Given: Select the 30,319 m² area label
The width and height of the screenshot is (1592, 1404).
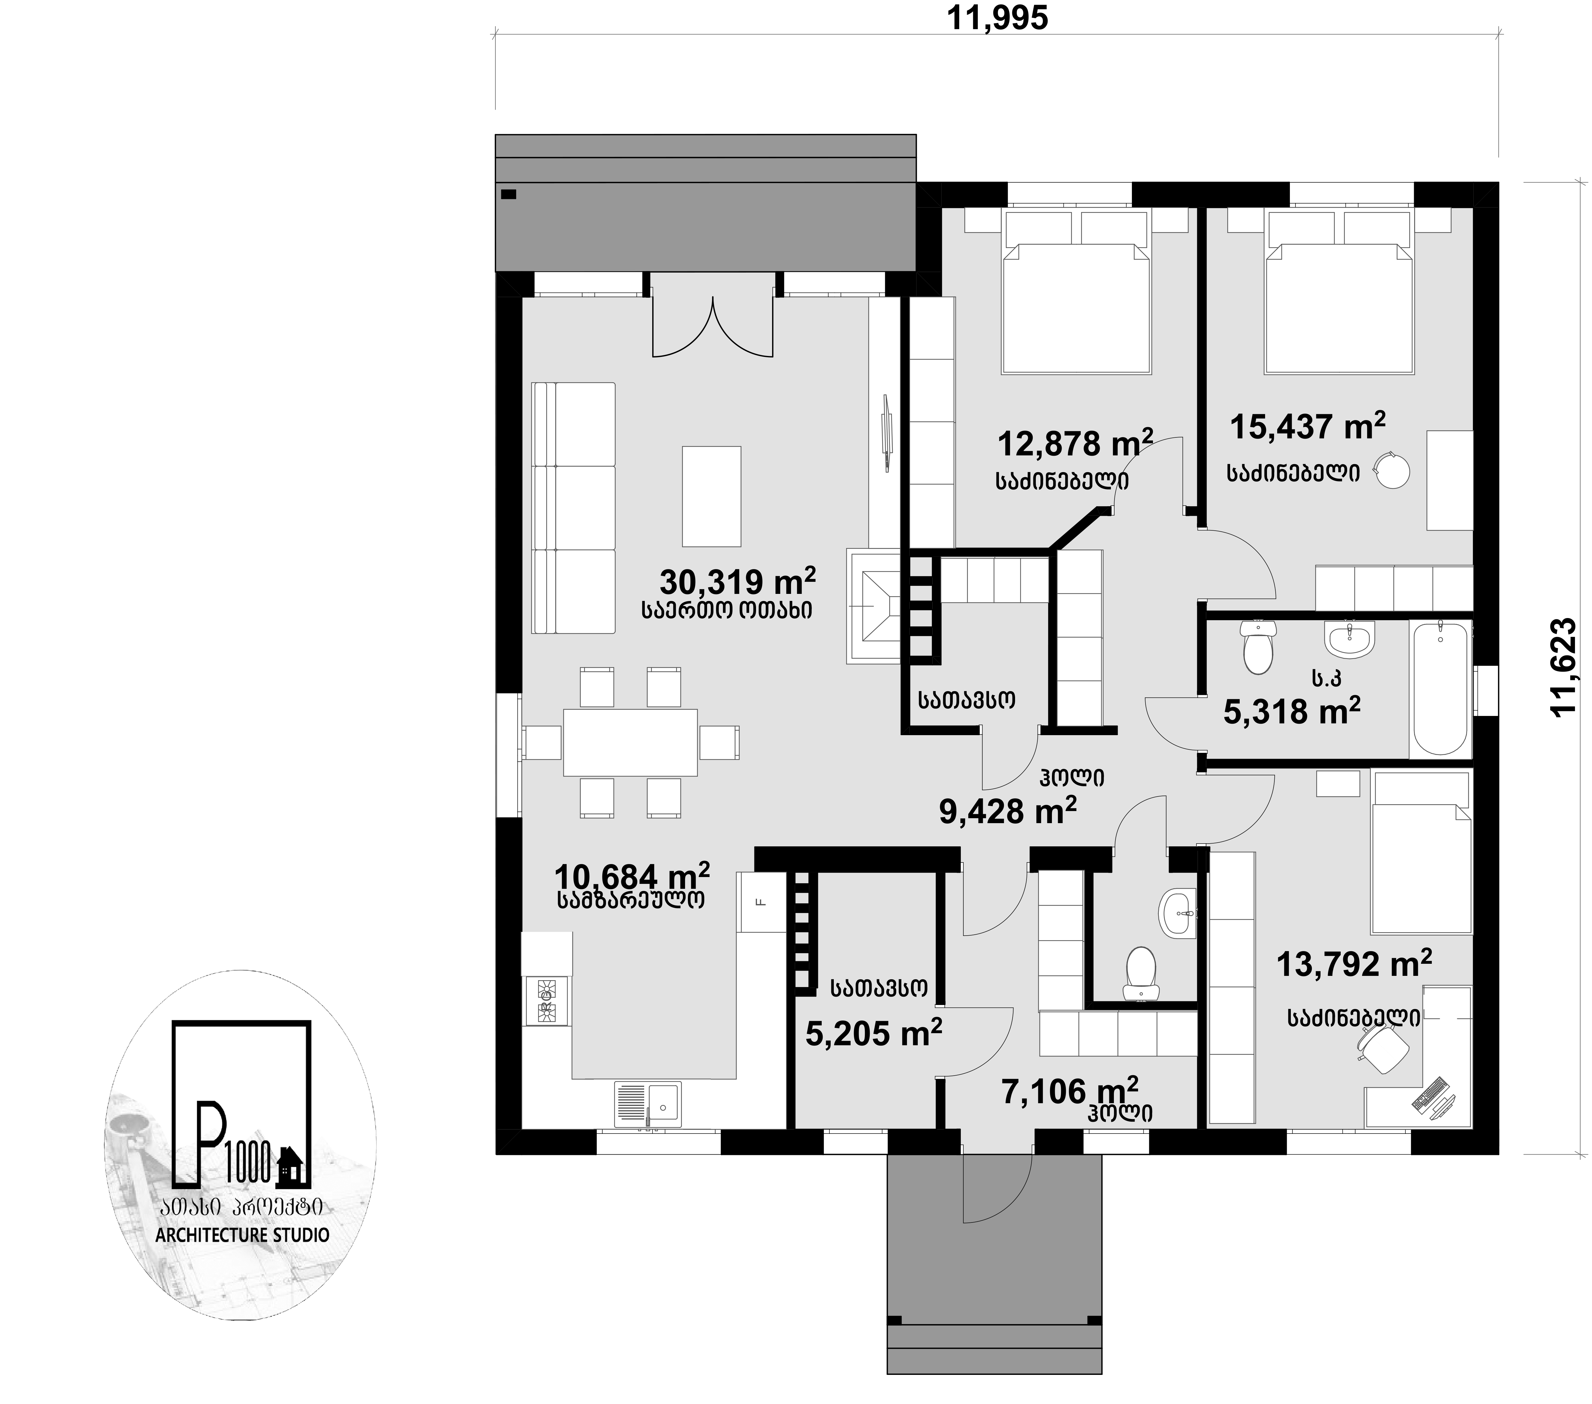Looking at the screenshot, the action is pyautogui.click(x=737, y=581).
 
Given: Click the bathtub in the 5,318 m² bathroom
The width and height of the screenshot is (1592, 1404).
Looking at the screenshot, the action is pyautogui.click(x=1439, y=687).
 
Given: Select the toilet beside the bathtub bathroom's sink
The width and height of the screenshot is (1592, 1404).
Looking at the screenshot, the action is pyautogui.click(x=1258, y=646).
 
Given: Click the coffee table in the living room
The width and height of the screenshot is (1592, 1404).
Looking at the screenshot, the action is pyautogui.click(x=711, y=496).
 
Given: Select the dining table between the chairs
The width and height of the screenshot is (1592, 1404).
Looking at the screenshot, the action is pyautogui.click(x=630, y=741).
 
